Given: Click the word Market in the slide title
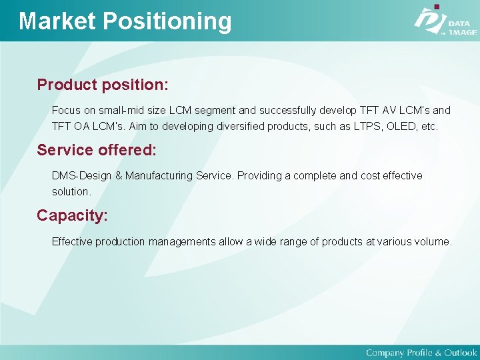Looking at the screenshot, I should point(57,21).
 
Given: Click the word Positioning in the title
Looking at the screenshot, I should point(167,21).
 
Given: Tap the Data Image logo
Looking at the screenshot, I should point(444,21).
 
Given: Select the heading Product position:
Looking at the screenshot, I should point(103,85).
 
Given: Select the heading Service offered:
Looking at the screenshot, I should point(97,150).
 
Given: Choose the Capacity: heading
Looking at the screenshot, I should point(72,215).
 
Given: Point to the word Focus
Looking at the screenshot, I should point(66,110).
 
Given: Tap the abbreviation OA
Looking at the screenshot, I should point(83,126).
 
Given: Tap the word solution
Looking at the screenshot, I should point(71,191).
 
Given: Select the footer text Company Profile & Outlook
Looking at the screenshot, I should point(421,352).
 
